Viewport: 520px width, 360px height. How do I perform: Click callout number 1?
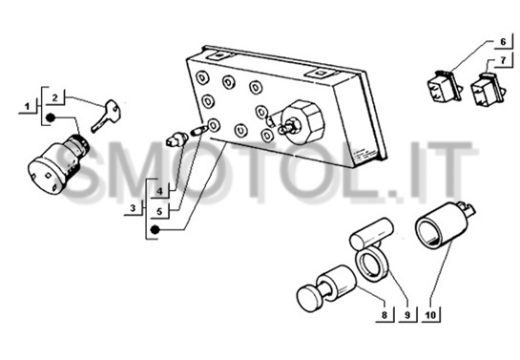[x=28, y=107]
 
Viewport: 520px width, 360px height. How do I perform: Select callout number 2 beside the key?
[x=54, y=97]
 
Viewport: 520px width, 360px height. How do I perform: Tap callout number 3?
[x=133, y=208]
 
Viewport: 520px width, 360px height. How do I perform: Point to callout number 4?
[x=160, y=191]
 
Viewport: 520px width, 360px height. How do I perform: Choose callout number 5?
[x=160, y=211]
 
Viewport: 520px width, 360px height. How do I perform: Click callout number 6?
[x=503, y=42]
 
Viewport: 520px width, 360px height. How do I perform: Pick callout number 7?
[x=503, y=60]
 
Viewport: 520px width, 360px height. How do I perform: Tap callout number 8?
[x=385, y=314]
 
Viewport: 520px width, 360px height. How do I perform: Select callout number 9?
[x=407, y=314]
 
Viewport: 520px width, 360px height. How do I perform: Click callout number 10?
[x=430, y=314]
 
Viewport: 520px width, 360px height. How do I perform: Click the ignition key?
[x=106, y=116]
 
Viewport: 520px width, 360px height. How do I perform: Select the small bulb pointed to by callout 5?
[x=198, y=131]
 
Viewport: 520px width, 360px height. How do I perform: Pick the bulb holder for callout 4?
[x=177, y=139]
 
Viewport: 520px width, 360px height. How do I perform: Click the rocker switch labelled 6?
[x=444, y=86]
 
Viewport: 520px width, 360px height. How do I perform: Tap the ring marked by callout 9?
[x=371, y=265]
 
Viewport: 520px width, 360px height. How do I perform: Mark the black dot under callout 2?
[x=50, y=117]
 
